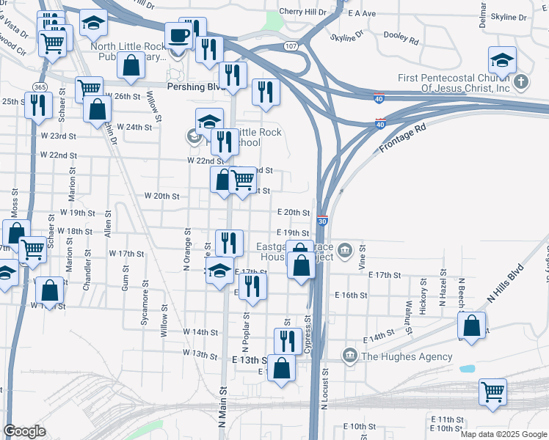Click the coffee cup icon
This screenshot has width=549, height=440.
178,35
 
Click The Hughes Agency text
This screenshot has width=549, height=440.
407,356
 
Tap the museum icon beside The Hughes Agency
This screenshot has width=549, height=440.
349,356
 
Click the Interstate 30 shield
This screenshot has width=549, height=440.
322,221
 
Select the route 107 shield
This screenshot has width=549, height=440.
290,46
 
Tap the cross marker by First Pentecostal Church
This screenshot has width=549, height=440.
520,81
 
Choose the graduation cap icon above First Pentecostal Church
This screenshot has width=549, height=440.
502,59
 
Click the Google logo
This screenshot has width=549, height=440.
25,431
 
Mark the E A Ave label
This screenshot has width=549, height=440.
362,13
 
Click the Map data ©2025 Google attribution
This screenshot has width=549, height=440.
503,433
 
